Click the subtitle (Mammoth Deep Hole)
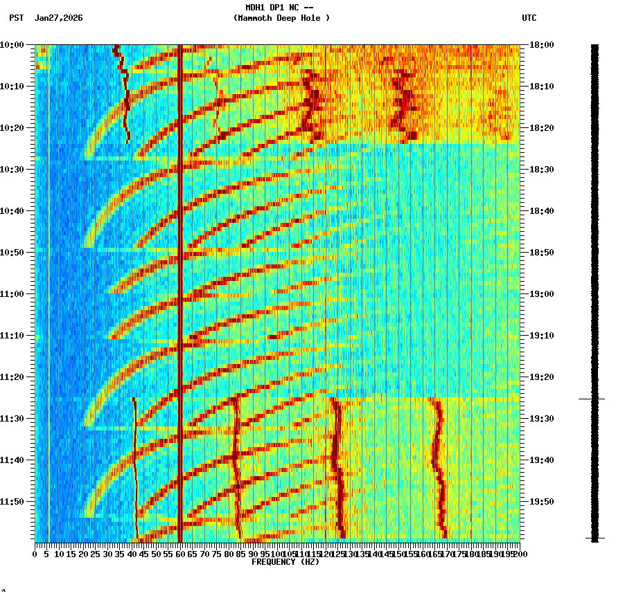281,18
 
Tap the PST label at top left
16,18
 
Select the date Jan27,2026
59,18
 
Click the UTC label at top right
529,18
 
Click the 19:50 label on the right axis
541,502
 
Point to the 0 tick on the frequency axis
35,554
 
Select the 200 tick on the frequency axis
520,554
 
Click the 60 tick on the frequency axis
181,554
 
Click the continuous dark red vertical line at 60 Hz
180,277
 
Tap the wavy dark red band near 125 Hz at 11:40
336,460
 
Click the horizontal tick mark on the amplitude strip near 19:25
592,399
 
